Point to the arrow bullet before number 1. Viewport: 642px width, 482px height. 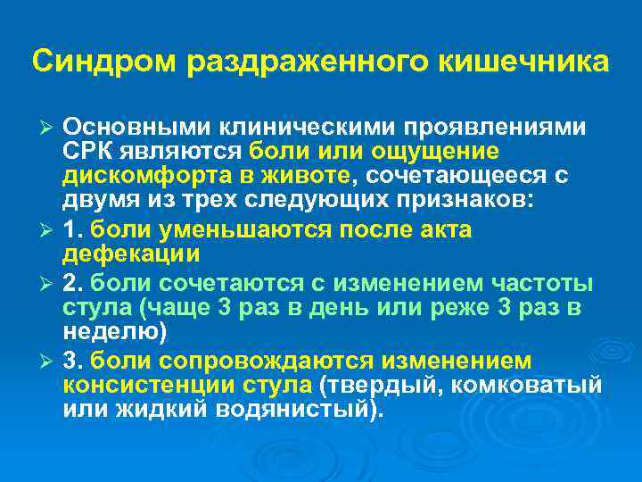pos(50,230)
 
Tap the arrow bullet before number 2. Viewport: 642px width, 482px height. pos(50,284)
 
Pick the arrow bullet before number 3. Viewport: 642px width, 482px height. pos(50,361)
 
